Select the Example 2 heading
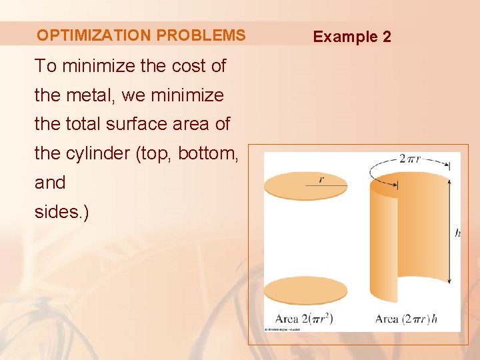pos(352,37)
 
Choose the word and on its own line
pos(50,183)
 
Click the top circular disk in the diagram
pos(305,186)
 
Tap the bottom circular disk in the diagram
pos(305,291)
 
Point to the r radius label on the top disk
pos(321,179)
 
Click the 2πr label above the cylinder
pos(411,159)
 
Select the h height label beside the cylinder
pos(457,233)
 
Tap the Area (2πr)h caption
pos(406,319)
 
